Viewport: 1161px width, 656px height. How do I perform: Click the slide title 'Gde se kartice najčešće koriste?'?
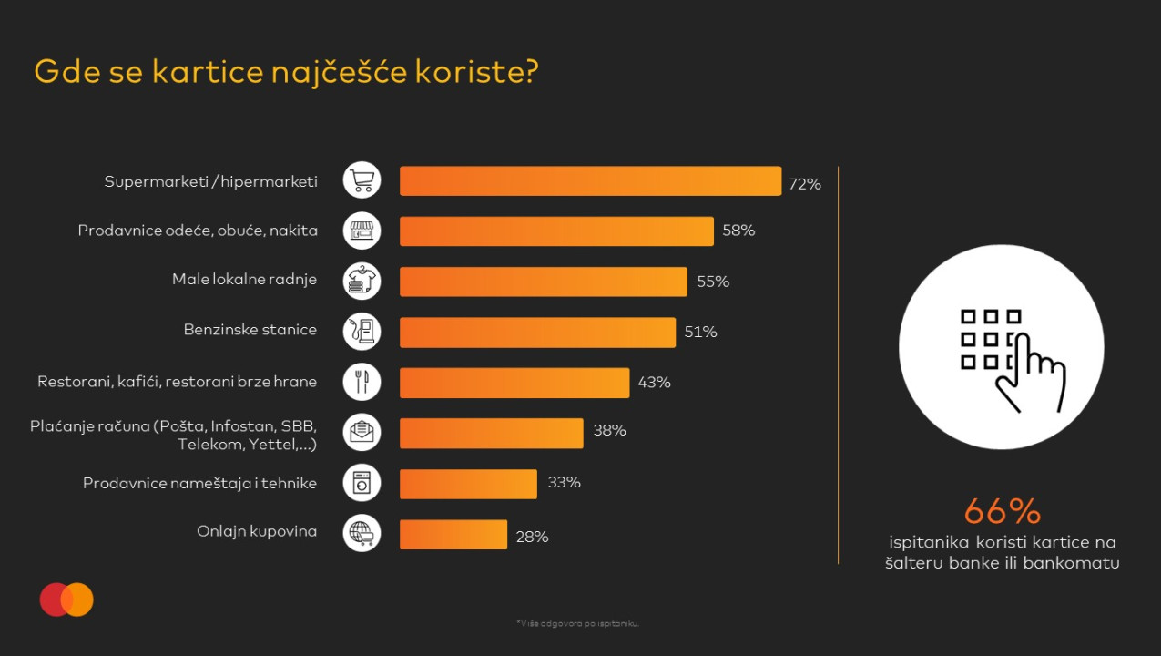[x=286, y=72]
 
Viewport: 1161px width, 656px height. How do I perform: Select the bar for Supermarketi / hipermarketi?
[x=590, y=181]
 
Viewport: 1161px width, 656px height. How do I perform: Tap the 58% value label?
[x=738, y=231]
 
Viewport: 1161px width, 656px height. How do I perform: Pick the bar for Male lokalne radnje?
[x=543, y=282]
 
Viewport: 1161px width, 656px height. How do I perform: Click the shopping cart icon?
[x=362, y=180]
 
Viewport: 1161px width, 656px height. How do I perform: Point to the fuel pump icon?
[x=362, y=332]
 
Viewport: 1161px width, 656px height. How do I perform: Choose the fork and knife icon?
[x=362, y=382]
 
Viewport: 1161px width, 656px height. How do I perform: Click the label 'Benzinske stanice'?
[x=250, y=330]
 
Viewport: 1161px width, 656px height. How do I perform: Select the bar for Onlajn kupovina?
[x=453, y=535]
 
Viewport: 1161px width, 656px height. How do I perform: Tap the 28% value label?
[x=532, y=538]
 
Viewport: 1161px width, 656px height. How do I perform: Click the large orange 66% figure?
[x=1002, y=511]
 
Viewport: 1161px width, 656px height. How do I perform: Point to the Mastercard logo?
[x=66, y=600]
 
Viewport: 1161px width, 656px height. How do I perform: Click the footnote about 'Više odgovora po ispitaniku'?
[x=578, y=624]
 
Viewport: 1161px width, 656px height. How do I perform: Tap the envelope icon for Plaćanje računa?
[x=362, y=432]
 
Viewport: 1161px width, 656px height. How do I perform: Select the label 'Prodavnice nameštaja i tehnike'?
[x=199, y=483]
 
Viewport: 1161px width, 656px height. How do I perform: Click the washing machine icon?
[x=362, y=483]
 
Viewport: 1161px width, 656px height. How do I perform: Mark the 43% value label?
[x=654, y=383]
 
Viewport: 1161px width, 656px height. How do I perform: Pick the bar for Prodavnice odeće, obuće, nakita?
[x=556, y=231]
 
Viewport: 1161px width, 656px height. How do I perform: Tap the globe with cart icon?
[x=362, y=533]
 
